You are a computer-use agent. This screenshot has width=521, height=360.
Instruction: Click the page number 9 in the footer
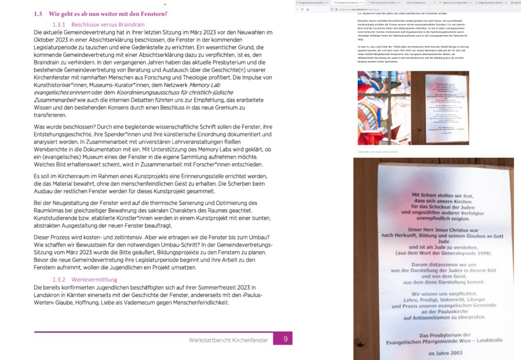pos(285,339)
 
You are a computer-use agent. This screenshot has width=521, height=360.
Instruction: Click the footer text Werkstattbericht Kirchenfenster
pos(228,340)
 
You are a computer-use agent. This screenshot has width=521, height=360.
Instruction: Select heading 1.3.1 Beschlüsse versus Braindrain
pos(98,24)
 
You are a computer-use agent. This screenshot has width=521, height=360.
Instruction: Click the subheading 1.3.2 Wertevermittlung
pos(85,280)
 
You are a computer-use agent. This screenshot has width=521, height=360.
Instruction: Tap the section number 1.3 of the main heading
pos(38,13)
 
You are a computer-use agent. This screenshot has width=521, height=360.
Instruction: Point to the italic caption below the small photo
pos(377,152)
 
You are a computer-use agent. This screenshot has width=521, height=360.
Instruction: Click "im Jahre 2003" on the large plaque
pos(445,353)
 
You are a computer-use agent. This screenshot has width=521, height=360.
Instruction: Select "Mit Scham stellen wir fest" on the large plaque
pos(445,195)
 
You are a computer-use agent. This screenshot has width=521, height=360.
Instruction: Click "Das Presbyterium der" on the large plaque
pos(445,335)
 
